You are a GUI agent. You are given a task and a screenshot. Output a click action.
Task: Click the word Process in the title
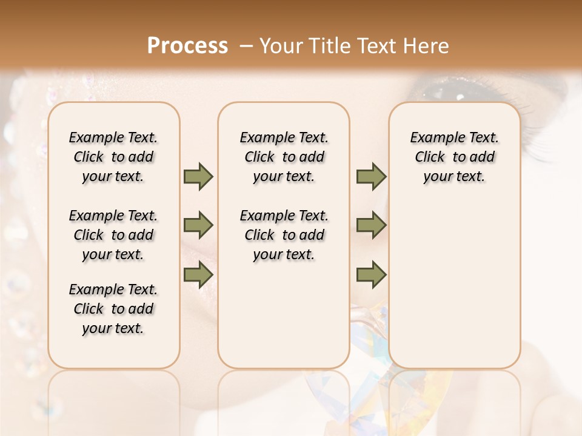pyautogui.click(x=187, y=45)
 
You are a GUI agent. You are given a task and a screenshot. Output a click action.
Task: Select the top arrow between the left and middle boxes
pyautogui.click(x=198, y=177)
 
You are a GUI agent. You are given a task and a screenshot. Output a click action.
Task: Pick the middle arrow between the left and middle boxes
pyautogui.click(x=198, y=226)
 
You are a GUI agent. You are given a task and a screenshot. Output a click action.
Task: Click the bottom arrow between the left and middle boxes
pyautogui.click(x=198, y=275)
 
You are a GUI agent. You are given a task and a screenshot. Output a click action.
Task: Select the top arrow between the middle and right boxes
pyautogui.click(x=371, y=177)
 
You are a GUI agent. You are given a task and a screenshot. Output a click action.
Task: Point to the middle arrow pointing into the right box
pyautogui.click(x=371, y=226)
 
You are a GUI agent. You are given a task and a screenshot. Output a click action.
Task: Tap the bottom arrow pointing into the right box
pyautogui.click(x=371, y=275)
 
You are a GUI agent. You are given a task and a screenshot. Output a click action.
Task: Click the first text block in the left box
pyautogui.click(x=113, y=157)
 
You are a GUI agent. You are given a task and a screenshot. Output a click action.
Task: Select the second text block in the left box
pyautogui.click(x=113, y=235)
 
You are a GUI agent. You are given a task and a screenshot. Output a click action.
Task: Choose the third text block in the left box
pyautogui.click(x=113, y=309)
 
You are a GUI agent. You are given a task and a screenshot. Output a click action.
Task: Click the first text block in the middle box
pyautogui.click(x=284, y=157)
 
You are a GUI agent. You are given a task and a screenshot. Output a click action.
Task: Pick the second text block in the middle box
pyautogui.click(x=284, y=235)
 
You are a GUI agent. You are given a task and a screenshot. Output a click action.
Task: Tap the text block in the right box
pyautogui.click(x=455, y=157)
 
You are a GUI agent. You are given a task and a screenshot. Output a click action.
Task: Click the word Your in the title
pyautogui.click(x=280, y=45)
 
